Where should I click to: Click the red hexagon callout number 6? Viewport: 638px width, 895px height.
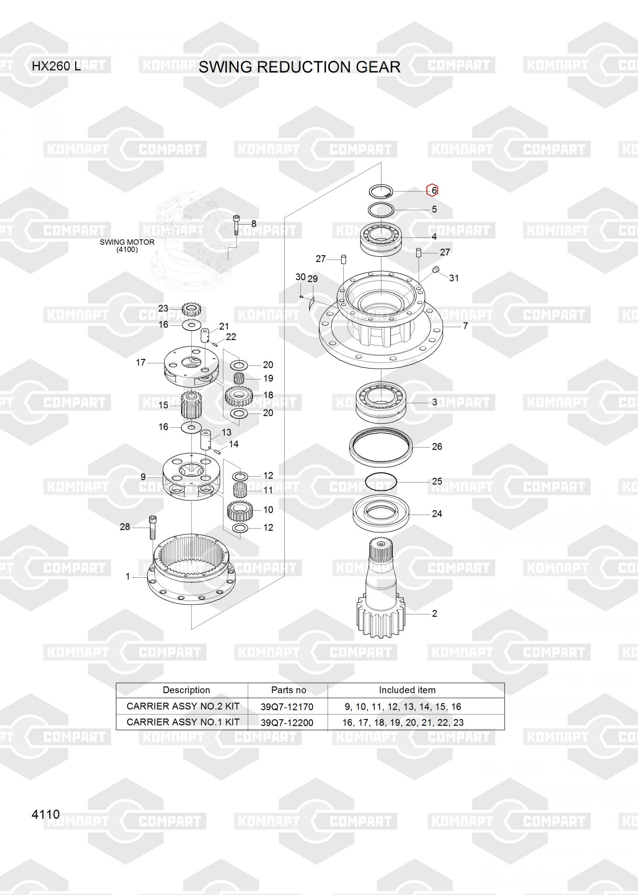point(432,190)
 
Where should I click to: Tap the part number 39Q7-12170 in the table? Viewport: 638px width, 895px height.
point(287,707)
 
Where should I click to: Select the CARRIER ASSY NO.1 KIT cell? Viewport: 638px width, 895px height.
point(183,722)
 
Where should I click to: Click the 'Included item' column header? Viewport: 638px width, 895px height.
point(407,690)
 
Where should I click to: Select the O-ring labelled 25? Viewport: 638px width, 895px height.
point(381,482)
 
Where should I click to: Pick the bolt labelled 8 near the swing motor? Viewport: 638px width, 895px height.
point(236,225)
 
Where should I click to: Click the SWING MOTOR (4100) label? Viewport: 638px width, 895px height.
point(127,246)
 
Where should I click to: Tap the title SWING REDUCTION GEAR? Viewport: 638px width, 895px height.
point(300,67)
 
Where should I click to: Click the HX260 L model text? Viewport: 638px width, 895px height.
point(56,66)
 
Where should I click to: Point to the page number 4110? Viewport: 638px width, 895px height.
point(46,814)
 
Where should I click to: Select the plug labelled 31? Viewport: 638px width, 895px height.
point(435,269)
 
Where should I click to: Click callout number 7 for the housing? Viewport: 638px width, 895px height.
point(465,326)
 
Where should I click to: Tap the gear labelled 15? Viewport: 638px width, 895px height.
point(190,404)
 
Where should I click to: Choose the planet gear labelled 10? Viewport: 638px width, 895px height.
point(240,511)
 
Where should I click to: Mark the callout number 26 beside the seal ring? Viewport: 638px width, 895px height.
point(437,447)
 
